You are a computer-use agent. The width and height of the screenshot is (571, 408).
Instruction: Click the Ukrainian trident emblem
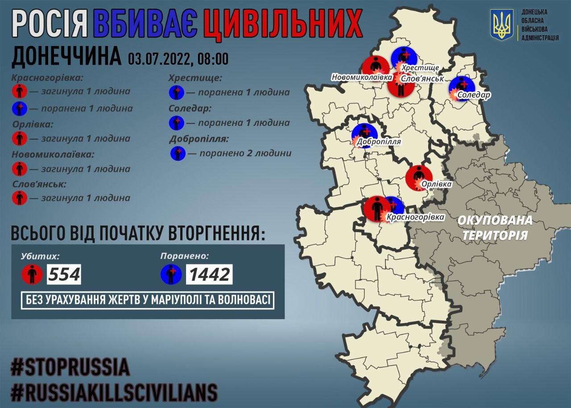pos(502,25)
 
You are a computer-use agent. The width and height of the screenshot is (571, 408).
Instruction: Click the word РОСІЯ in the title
pos(50,25)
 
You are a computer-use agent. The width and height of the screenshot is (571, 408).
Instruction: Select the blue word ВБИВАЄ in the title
pos(145,25)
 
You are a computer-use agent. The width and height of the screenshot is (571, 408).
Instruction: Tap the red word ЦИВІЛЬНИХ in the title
pos(282,25)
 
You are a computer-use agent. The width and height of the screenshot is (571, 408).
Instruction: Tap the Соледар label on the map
pos(474,95)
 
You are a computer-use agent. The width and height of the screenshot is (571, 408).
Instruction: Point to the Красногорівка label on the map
pos(415,217)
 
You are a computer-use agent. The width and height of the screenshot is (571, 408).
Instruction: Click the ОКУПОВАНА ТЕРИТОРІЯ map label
pos(495,228)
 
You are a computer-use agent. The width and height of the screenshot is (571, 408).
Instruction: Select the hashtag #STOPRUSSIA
pos(70,367)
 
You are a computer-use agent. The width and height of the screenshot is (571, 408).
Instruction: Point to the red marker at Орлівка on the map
pos(419,177)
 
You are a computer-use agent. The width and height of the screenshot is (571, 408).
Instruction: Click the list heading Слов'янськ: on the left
pos(39,184)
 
